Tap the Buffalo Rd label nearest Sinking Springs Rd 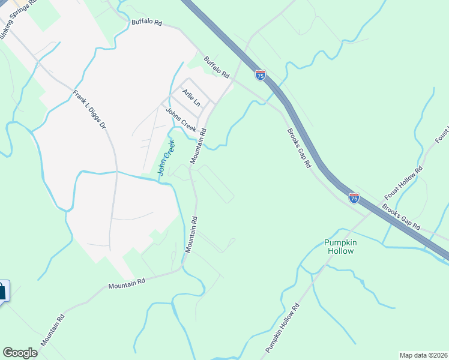[146, 23]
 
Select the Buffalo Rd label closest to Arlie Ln [217, 67]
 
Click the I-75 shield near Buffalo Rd [260, 75]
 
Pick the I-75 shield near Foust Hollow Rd [354, 197]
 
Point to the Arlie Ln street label [191, 99]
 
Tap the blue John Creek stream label [166, 157]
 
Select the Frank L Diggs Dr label [89, 110]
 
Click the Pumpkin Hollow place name [339, 247]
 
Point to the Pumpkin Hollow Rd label [282, 328]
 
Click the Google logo [20, 353]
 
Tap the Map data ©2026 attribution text [423, 355]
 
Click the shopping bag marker [2, 292]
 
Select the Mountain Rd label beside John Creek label [199, 146]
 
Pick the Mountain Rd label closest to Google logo [52, 330]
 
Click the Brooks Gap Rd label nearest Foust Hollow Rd [401, 217]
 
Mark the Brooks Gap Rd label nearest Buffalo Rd [298, 148]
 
